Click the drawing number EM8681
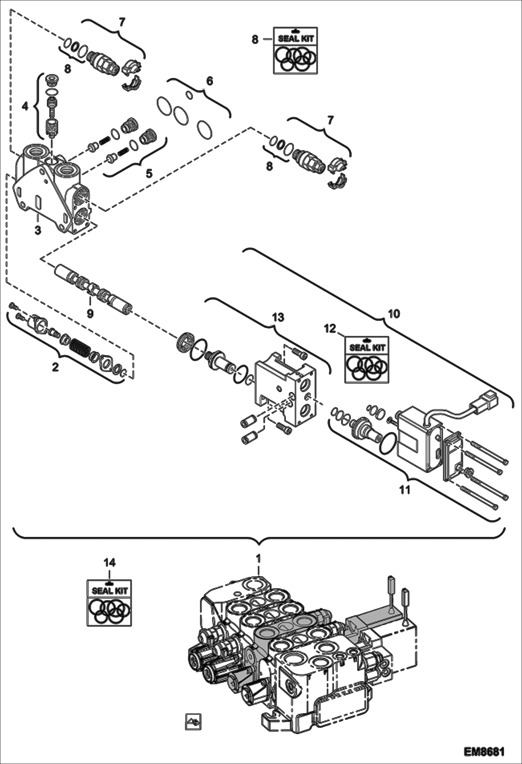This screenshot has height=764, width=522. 484,751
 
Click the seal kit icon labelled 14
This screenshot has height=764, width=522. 109,602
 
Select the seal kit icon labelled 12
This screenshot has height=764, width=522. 367,360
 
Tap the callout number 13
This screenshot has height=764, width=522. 278,317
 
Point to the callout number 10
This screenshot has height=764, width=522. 394,314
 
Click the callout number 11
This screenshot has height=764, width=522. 405,490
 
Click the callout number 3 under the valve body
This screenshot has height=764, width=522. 38,230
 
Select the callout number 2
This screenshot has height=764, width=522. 55,367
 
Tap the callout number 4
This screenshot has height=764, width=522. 25,106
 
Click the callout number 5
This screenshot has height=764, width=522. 149,173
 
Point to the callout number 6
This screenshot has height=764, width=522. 209,81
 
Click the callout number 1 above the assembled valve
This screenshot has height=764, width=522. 258,558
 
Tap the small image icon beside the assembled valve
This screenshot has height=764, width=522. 193,722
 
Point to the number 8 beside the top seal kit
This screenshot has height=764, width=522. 255,40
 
